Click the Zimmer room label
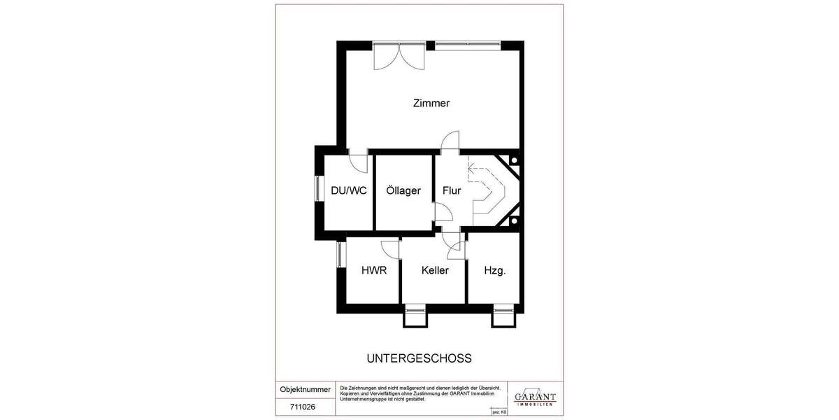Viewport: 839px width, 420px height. coord(431,104)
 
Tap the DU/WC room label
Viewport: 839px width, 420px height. coord(348,190)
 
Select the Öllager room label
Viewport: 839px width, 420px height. coord(403,190)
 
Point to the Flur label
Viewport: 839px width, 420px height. coord(452,190)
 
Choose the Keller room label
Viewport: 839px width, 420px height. coord(435,270)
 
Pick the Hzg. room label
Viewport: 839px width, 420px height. coord(495,270)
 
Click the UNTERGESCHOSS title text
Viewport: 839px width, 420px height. coord(419,358)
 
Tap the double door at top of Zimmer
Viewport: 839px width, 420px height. coord(398,56)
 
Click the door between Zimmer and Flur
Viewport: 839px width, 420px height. coord(450,141)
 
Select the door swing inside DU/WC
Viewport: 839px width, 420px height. coord(359,163)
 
